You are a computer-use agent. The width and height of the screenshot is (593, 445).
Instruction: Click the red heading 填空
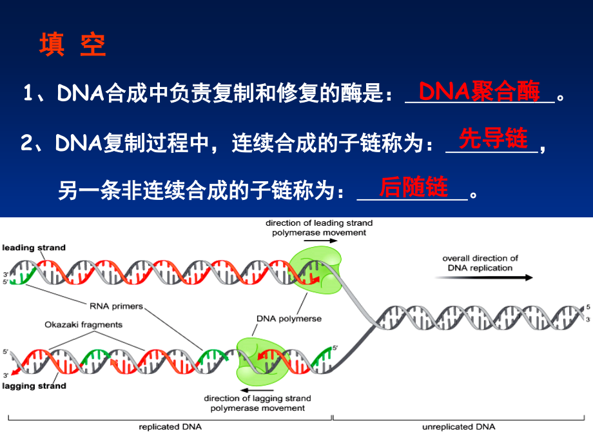pyautogui.click(x=72, y=46)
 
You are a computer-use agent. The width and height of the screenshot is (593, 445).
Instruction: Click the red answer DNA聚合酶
pyautogui.click(x=480, y=92)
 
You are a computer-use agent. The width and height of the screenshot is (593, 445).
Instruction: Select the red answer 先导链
pyautogui.click(x=493, y=139)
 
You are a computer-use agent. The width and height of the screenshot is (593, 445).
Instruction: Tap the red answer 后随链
pyautogui.click(x=413, y=187)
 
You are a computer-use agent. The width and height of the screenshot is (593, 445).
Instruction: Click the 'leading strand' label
pyautogui.click(x=34, y=248)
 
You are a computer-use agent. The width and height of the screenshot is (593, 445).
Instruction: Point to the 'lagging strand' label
pyautogui.click(x=34, y=386)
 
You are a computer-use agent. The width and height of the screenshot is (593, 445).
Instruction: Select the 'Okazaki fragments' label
pyautogui.click(x=83, y=324)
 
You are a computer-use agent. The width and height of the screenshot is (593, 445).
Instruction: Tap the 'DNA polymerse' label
pyautogui.click(x=289, y=319)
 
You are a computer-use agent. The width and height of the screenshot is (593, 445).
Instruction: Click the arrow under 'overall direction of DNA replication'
pyautogui.click(x=483, y=278)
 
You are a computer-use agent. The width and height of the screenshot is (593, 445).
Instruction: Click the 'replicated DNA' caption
pyautogui.click(x=170, y=427)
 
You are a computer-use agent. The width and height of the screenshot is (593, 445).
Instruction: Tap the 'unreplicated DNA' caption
pyautogui.click(x=458, y=427)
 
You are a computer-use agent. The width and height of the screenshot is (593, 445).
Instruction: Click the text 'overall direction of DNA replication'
pyautogui.click(x=480, y=263)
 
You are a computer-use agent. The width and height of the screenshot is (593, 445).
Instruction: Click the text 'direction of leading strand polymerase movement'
pyautogui.click(x=319, y=228)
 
